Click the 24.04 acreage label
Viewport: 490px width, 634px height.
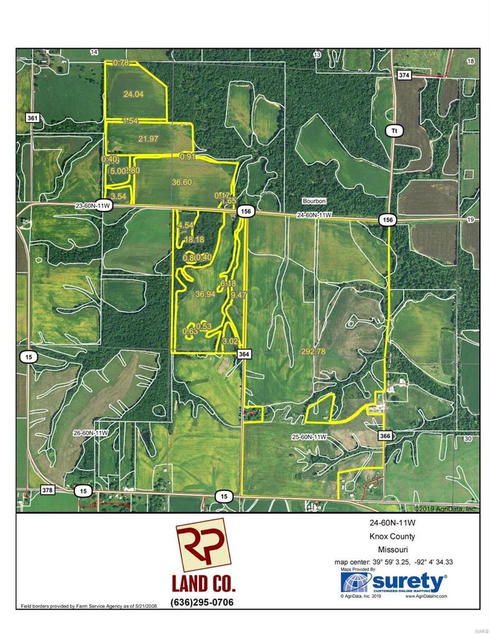pyautogui.click(x=134, y=95)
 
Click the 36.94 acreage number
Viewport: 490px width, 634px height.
pyautogui.click(x=205, y=293)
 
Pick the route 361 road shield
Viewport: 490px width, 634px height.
pyautogui.click(x=32, y=118)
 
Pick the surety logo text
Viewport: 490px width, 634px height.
pyautogui.click(x=413, y=583)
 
